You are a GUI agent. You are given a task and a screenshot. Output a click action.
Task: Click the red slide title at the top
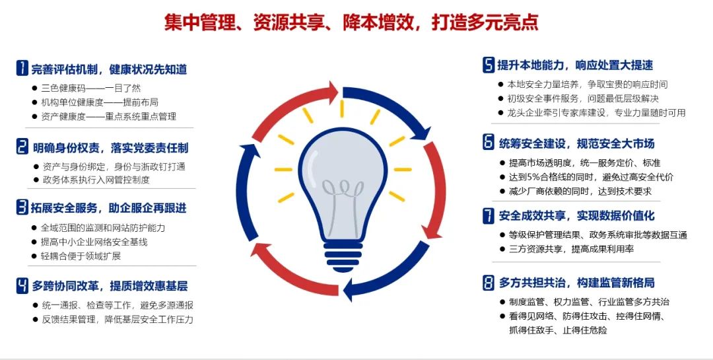click(x=351, y=22)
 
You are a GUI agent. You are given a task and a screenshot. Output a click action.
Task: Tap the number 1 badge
click(x=22, y=68)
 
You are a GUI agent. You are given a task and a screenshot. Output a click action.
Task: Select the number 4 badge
click(x=22, y=285)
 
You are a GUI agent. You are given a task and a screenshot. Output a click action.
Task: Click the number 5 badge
click(x=489, y=65)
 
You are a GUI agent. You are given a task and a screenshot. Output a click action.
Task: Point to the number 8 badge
click(x=489, y=283)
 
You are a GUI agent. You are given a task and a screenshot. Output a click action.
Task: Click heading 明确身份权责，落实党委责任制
click(x=110, y=148)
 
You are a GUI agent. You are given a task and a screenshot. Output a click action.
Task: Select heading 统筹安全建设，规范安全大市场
click(x=576, y=144)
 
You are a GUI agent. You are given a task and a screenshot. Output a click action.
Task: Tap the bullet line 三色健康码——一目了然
click(x=91, y=89)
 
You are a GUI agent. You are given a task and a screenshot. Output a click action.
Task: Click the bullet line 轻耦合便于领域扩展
click(x=81, y=256)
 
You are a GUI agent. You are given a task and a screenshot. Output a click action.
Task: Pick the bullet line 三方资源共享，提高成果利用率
click(x=571, y=249)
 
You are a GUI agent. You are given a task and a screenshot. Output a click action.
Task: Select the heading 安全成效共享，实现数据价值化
click(x=576, y=216)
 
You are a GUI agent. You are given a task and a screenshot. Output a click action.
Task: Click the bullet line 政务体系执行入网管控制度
click(x=96, y=180)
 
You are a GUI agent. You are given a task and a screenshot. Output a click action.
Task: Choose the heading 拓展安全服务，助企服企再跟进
click(x=109, y=208)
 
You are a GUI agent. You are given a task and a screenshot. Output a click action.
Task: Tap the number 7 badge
click(x=489, y=216)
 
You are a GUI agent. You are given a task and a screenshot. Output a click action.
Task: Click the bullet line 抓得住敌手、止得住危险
click(x=558, y=330)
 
